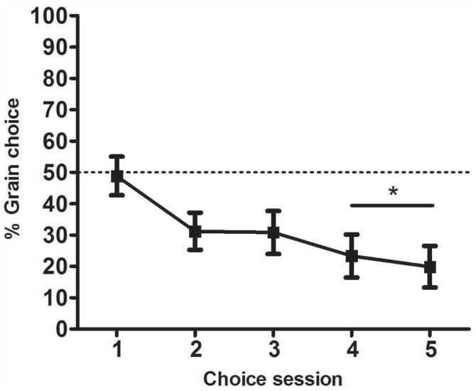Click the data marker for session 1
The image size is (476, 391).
pyautogui.click(x=117, y=176)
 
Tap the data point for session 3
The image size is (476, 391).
pyautogui.click(x=274, y=232)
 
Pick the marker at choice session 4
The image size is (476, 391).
pyautogui.click(x=351, y=256)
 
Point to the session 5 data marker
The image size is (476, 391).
pyautogui.click(x=429, y=267)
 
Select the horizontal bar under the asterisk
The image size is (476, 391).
pyautogui.click(x=391, y=205)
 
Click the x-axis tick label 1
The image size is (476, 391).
pyautogui.click(x=117, y=350)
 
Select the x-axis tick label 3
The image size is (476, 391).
pyautogui.click(x=274, y=350)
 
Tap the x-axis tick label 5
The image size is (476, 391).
pyautogui.click(x=429, y=350)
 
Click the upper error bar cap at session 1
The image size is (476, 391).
pyautogui.click(x=117, y=156)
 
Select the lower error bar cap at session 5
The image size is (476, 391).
pyautogui.click(x=429, y=287)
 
